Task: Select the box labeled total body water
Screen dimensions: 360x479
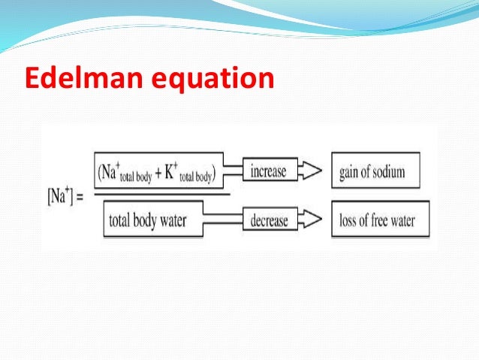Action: [x=158, y=221]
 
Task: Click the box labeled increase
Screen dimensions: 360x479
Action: [x=269, y=171]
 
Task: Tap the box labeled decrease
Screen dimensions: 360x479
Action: [x=269, y=221]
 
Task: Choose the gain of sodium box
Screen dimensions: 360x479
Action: [x=375, y=172]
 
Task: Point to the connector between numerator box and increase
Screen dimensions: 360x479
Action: [x=233, y=171]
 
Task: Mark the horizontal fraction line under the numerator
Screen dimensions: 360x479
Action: [x=158, y=194]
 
